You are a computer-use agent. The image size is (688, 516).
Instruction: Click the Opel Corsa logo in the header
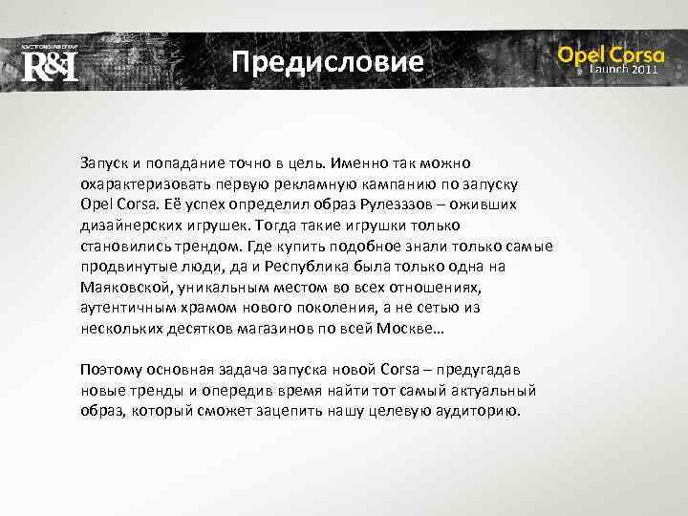pyautogui.click(x=611, y=54)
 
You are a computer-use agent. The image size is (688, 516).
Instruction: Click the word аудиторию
pyautogui.click(x=475, y=412)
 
